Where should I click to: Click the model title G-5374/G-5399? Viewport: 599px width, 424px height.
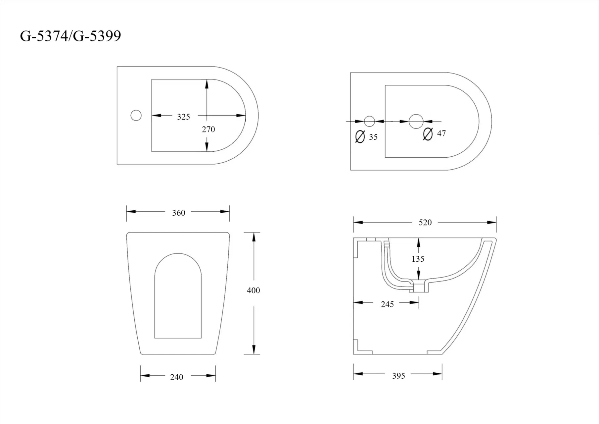70,36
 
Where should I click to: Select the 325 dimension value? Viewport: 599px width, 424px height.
183,117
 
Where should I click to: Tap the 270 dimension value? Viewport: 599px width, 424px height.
208,129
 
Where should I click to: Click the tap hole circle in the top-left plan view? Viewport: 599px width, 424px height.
136,115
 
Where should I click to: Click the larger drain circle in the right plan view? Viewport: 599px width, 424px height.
416,121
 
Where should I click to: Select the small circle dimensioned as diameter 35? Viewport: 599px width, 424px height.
369,121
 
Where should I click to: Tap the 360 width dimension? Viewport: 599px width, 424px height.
178,213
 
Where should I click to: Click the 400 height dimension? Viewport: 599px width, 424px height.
253,290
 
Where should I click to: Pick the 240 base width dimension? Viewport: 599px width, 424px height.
176,377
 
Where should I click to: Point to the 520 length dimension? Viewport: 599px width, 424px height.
425,222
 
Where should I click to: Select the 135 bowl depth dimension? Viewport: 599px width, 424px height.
418,259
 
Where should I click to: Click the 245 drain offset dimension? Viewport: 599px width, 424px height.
387,304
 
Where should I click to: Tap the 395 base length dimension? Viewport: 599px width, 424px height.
398,376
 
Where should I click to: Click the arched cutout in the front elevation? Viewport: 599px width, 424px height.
178,296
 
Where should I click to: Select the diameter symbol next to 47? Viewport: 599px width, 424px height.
428,134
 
